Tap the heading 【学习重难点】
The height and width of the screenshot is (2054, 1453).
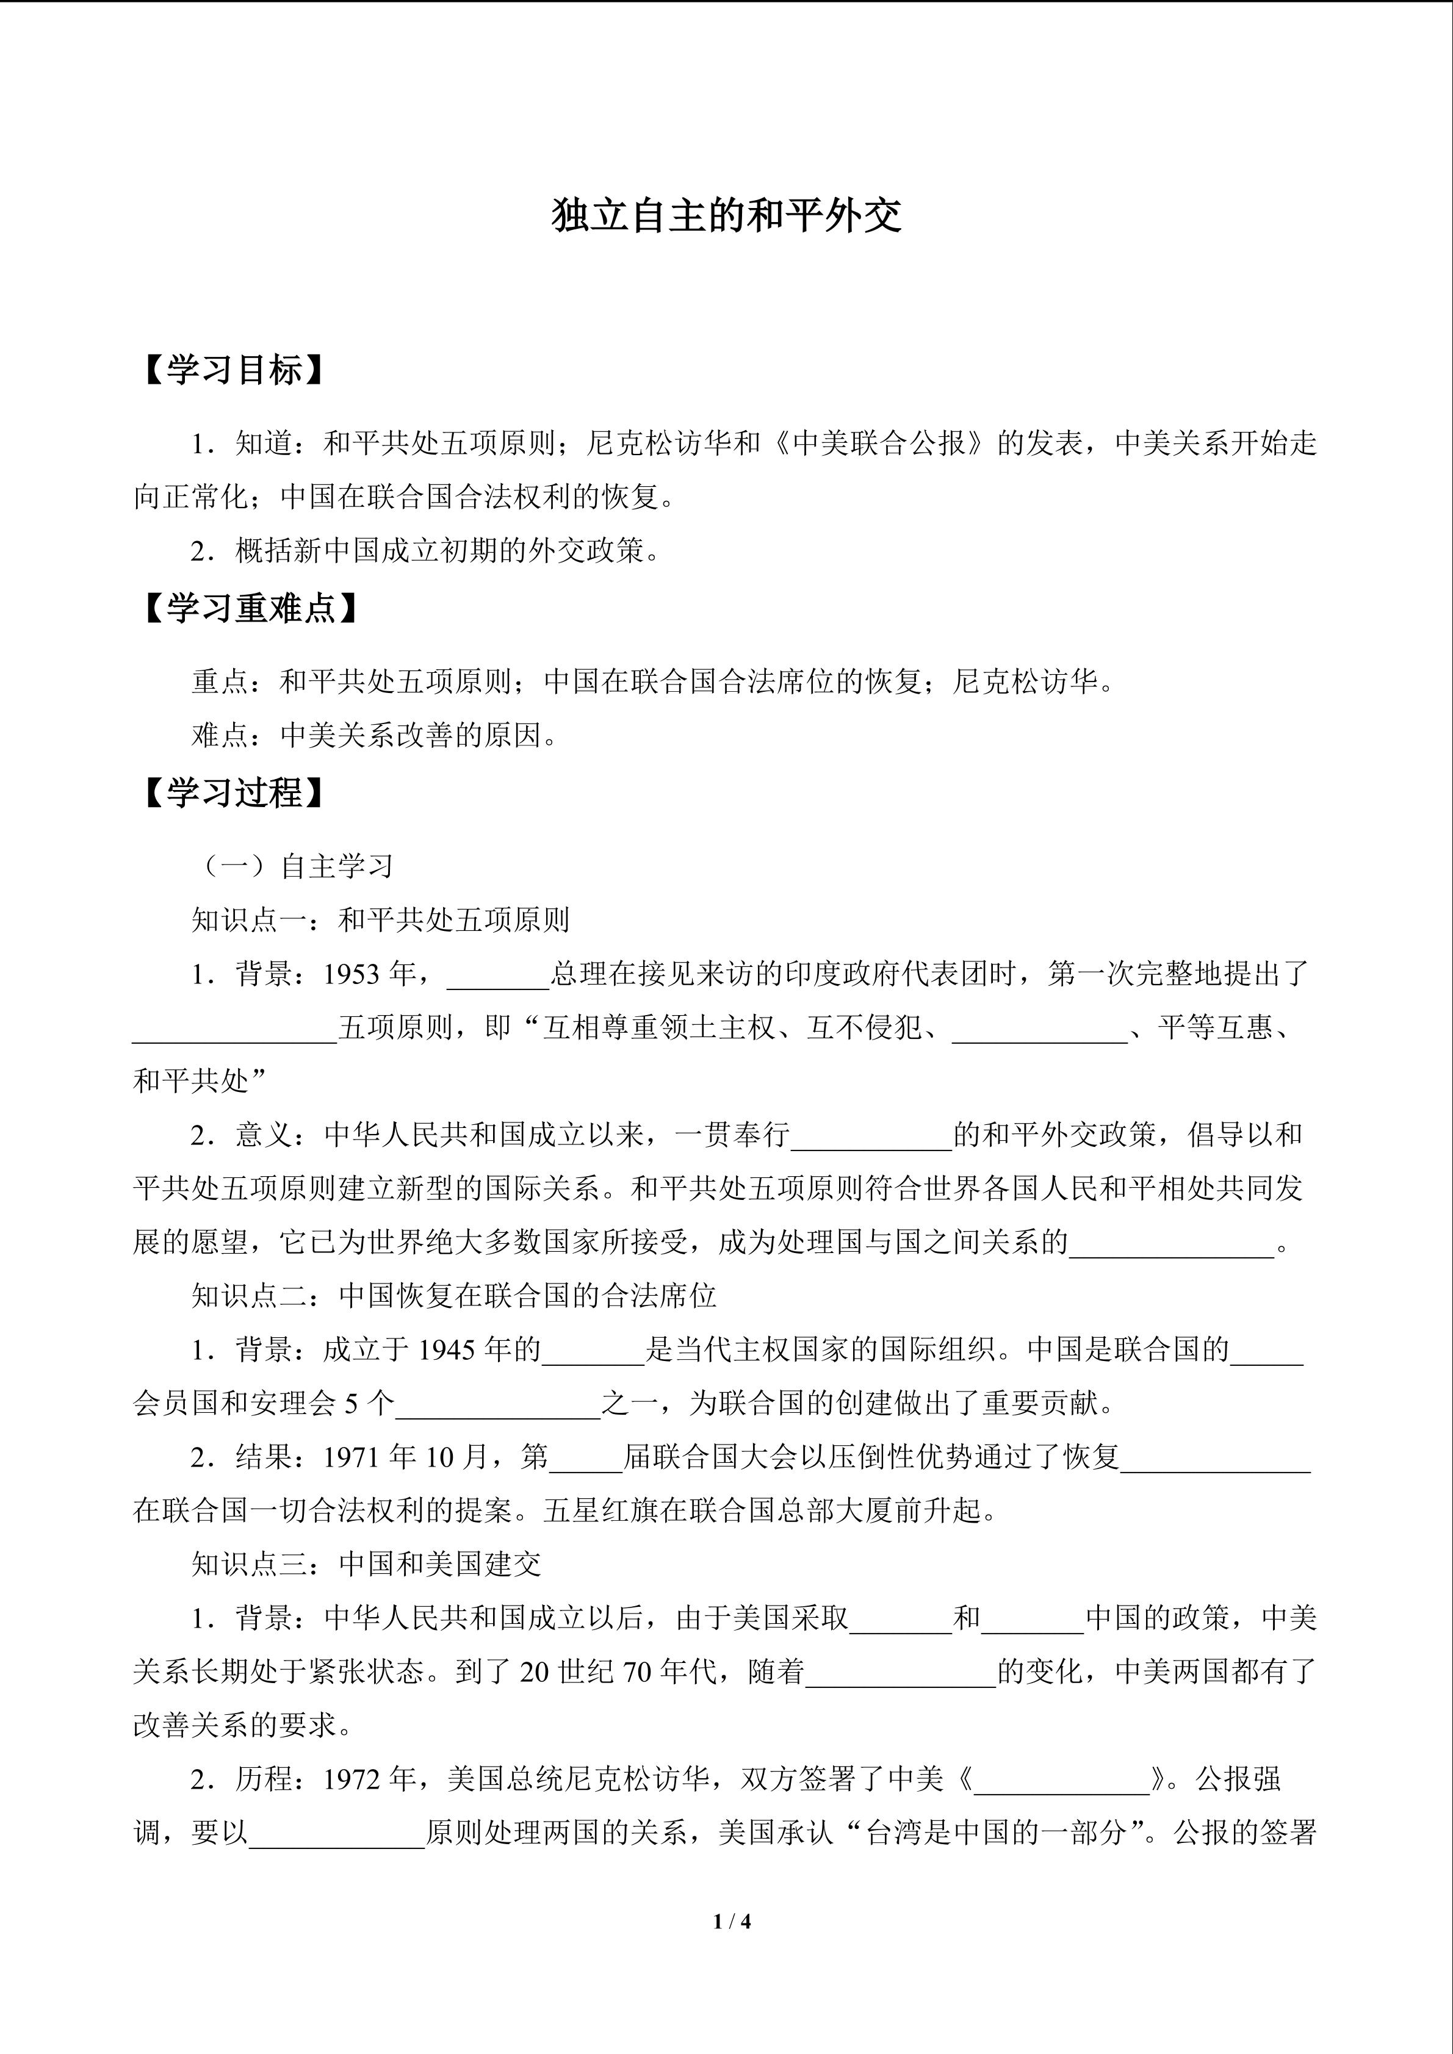[251, 608]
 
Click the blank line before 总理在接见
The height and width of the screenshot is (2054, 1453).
[497, 977]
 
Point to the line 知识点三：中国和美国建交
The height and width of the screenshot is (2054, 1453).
[366, 1564]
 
